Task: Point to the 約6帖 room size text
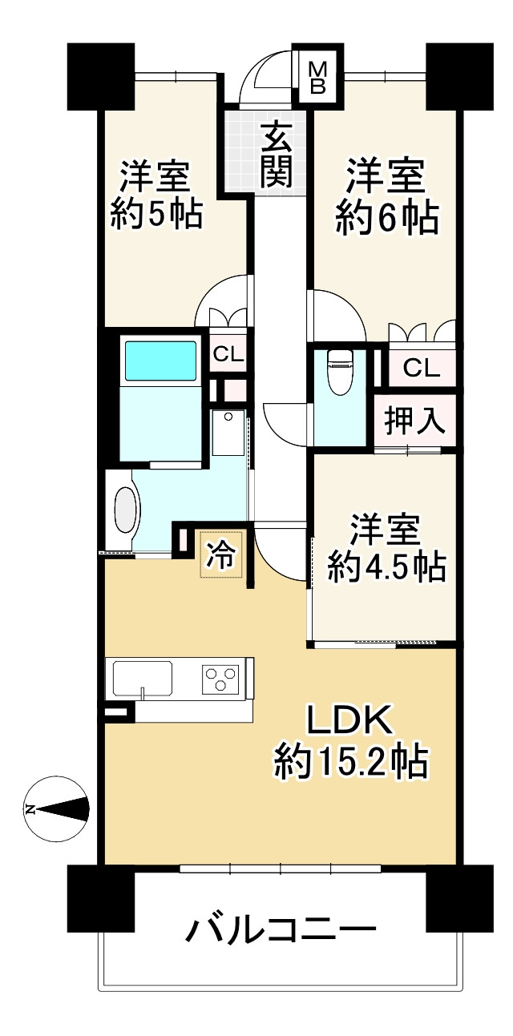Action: [x=387, y=218]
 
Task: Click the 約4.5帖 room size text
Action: [x=386, y=566]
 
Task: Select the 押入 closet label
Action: [x=414, y=421]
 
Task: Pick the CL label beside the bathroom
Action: [x=228, y=353]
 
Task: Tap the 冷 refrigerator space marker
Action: [x=220, y=554]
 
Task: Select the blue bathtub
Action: [x=160, y=360]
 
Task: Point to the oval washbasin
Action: [x=125, y=510]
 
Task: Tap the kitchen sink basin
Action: [x=143, y=678]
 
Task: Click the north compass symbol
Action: [x=56, y=809]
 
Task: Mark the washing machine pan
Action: [x=229, y=433]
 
